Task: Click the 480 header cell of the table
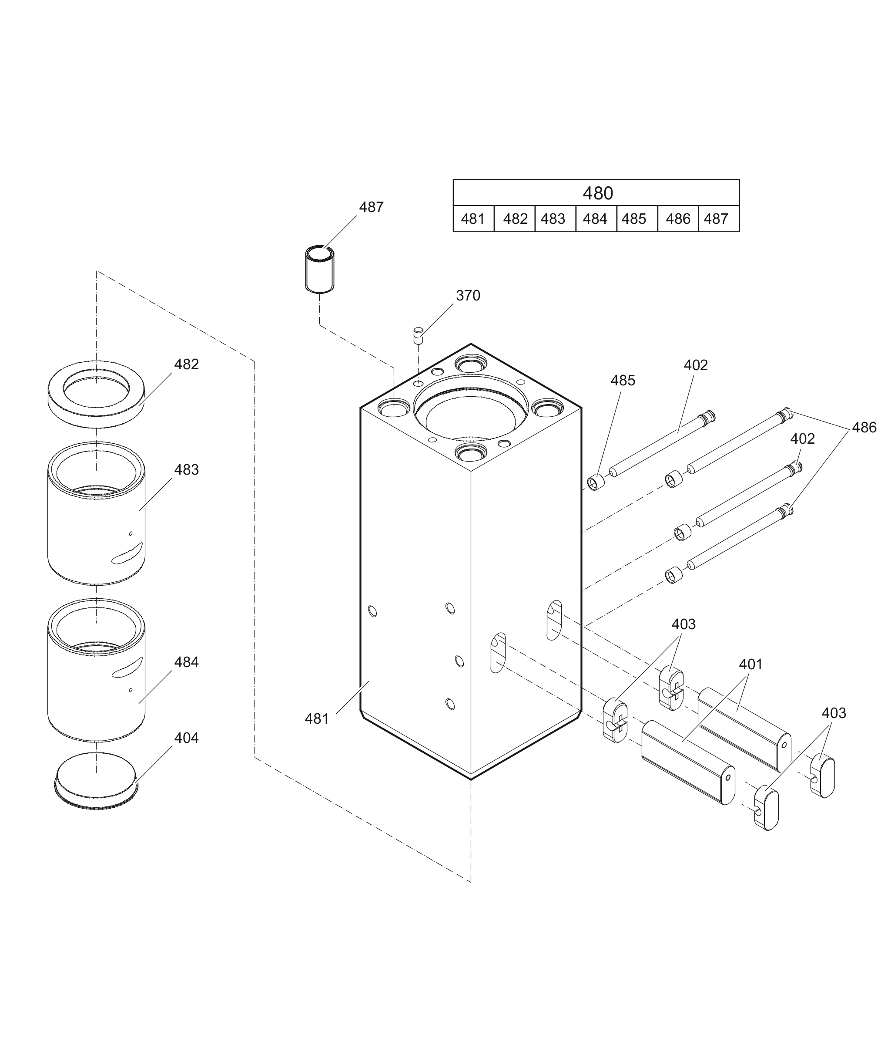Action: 597,193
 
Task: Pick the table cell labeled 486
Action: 678,219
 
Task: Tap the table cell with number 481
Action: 473,219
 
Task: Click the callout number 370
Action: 468,296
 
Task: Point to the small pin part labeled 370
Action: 418,335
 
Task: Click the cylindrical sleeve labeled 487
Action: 320,269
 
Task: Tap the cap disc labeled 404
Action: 96,781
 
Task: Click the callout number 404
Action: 186,738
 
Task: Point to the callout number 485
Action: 623,381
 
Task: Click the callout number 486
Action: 864,428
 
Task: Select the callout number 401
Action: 750,664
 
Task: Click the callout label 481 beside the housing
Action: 317,718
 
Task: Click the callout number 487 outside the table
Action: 371,207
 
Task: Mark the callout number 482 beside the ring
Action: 186,364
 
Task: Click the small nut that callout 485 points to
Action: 596,482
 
